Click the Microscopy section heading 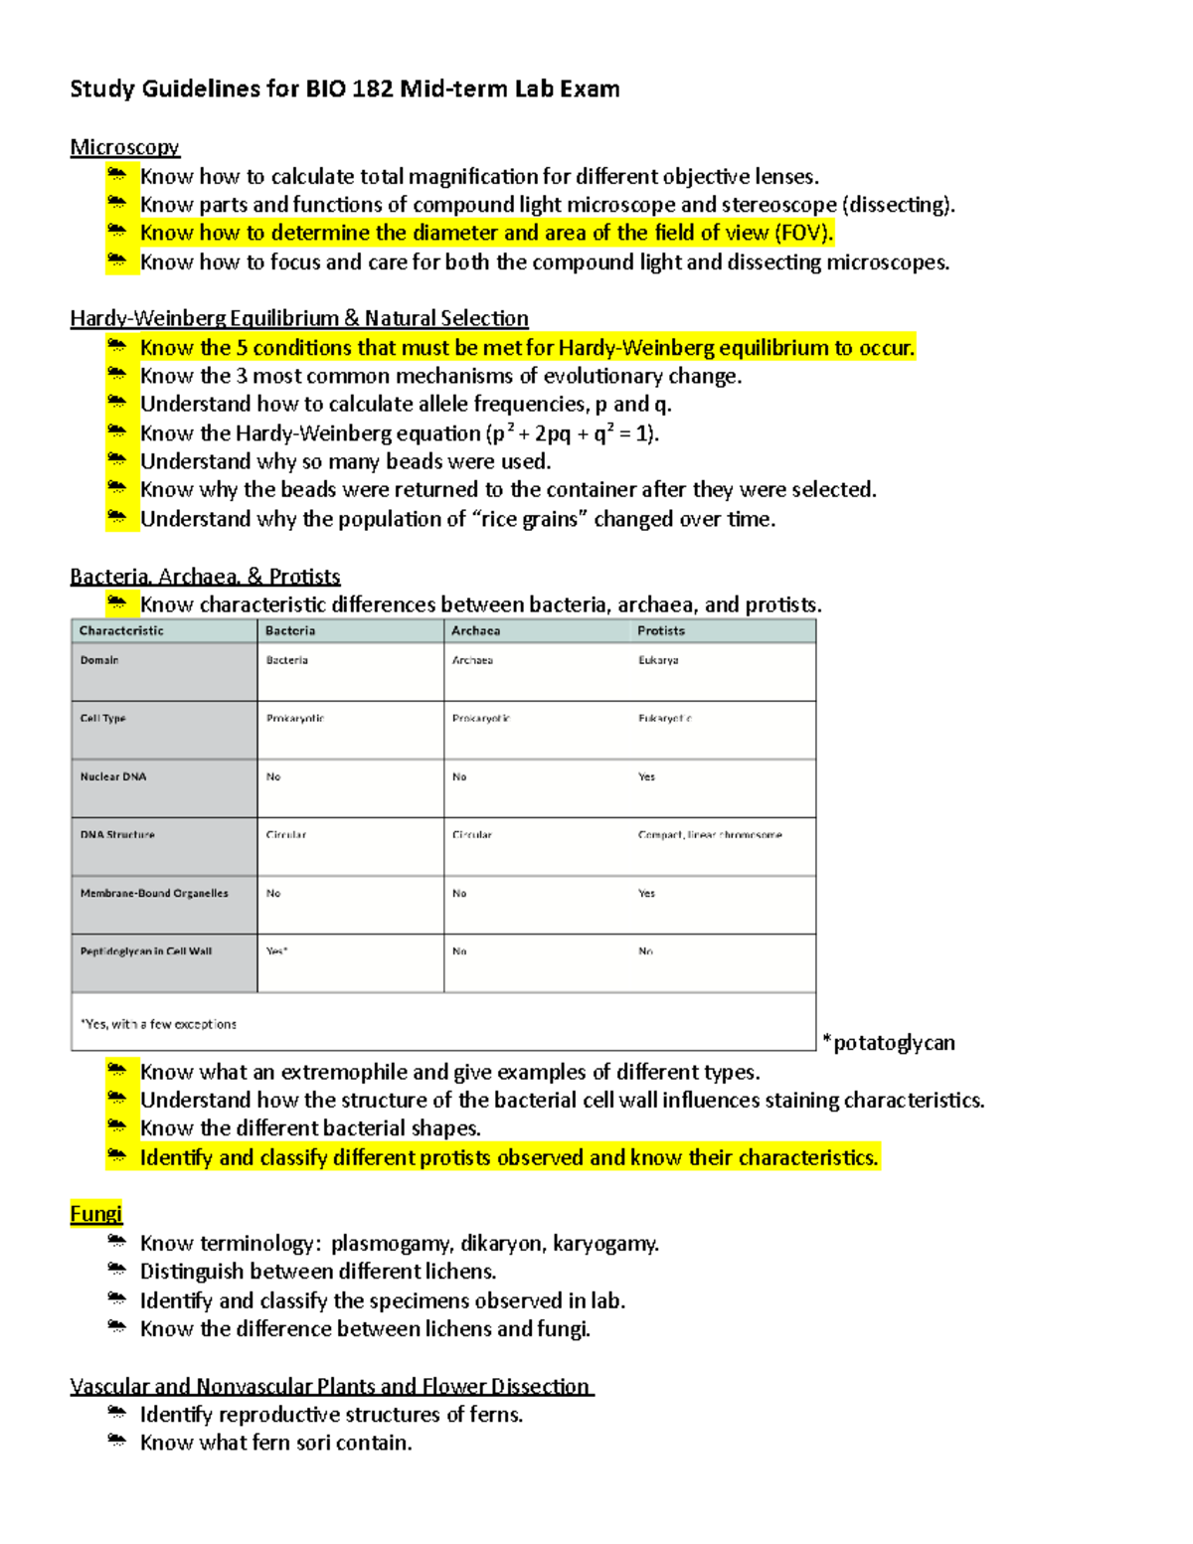[x=124, y=147]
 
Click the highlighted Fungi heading [x=95, y=1214]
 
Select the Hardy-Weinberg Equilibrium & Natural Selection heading [x=298, y=318]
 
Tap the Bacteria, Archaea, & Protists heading [x=205, y=577]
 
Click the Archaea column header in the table [x=475, y=630]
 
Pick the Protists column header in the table [x=660, y=630]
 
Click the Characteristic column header [x=121, y=630]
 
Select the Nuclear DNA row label [x=112, y=776]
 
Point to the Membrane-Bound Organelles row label [x=154, y=893]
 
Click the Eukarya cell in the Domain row [x=658, y=660]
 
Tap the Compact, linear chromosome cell [x=709, y=835]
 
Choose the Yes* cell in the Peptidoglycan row [x=276, y=951]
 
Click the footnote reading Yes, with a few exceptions [x=159, y=1024]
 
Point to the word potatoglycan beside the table [x=893, y=1043]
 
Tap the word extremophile [x=344, y=1072]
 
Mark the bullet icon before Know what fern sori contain [x=117, y=1441]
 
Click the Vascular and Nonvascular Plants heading [x=330, y=1386]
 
